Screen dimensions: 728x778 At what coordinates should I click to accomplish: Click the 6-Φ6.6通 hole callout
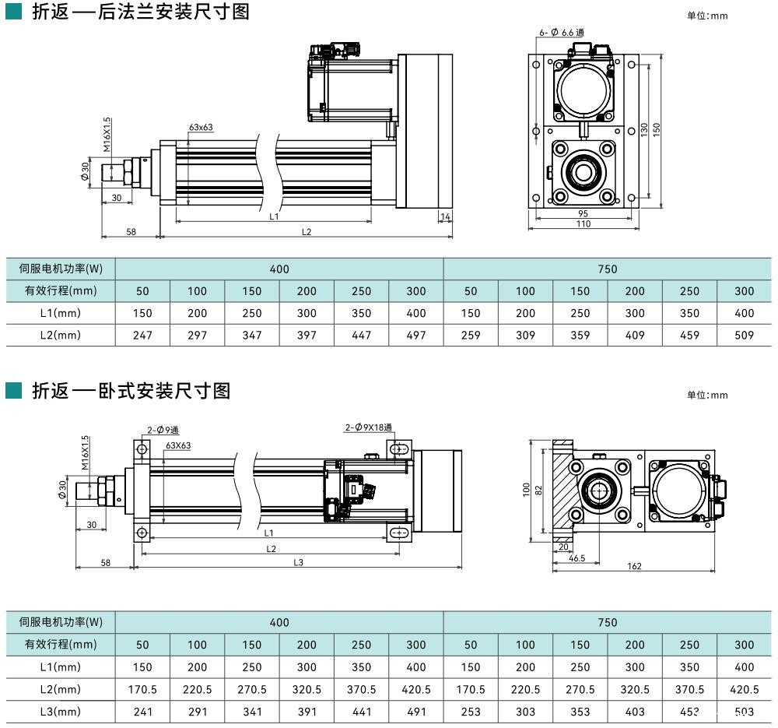point(561,32)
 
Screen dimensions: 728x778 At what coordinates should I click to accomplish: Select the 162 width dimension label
point(634,566)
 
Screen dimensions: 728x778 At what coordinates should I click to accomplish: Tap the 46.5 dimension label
point(576,558)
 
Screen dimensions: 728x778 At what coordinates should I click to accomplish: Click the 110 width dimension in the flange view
point(583,224)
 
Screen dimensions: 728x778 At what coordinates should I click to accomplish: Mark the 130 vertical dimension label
point(644,130)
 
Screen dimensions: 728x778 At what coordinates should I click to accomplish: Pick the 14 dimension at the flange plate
point(445,216)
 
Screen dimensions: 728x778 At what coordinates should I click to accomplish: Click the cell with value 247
point(142,336)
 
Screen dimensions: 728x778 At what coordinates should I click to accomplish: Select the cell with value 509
point(745,336)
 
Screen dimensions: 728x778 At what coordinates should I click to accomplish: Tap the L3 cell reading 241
point(142,712)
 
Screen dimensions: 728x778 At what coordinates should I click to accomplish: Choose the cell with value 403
point(635,712)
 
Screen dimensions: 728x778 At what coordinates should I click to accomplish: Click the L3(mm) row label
point(61,712)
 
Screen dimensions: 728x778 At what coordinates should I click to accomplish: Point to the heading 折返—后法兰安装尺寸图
point(140,13)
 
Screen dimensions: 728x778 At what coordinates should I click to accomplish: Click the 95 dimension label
point(583,214)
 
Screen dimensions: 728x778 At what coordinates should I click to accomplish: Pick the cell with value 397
point(307,336)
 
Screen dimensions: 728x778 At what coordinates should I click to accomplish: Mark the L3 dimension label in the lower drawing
point(298,562)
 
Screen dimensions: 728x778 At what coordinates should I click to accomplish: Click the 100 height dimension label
point(527,489)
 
